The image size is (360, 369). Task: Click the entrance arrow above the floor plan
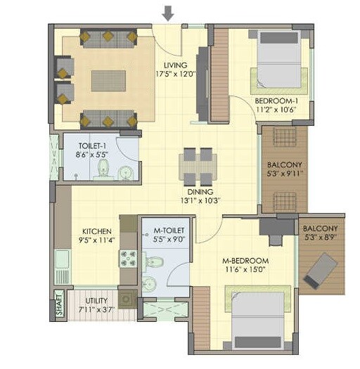click(x=168, y=13)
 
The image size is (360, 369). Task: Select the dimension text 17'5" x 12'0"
click(x=174, y=71)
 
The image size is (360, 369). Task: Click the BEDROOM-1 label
click(x=276, y=101)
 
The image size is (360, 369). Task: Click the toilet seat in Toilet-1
click(x=104, y=167)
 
